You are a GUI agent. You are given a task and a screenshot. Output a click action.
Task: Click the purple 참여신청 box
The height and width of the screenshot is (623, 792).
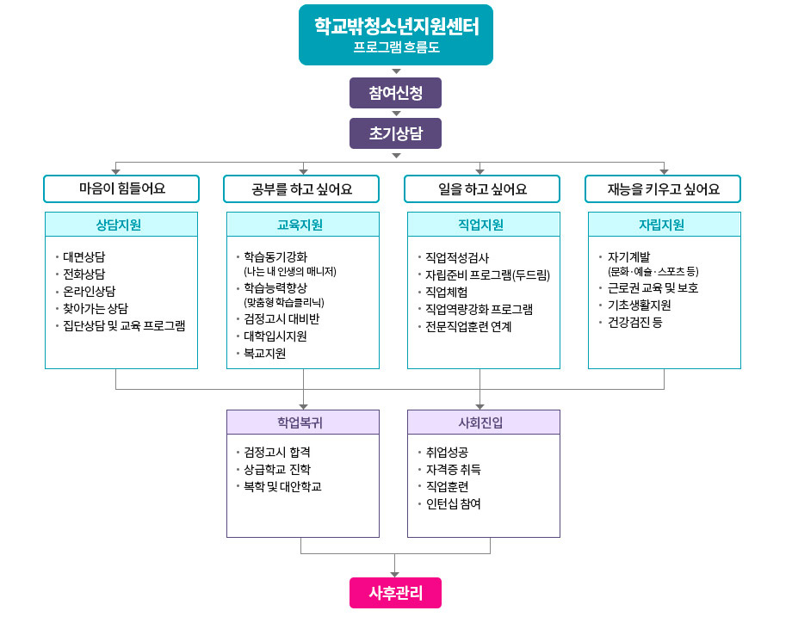click(x=395, y=91)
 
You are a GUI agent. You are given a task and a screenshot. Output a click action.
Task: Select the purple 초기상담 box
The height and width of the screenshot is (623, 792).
click(x=395, y=133)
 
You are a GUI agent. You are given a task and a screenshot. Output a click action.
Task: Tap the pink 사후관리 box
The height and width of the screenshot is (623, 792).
click(x=395, y=593)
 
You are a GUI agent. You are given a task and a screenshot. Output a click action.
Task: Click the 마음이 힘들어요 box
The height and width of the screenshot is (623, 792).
click(x=121, y=188)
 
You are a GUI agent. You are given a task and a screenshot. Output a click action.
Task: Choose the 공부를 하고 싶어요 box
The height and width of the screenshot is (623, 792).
click(x=302, y=188)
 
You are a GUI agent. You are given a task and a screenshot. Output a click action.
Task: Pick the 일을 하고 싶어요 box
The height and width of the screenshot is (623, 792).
click(x=482, y=188)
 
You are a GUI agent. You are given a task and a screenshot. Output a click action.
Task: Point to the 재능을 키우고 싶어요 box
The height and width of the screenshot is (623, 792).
click(x=663, y=188)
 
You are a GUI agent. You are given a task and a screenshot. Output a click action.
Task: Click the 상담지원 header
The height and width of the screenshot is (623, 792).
click(x=121, y=225)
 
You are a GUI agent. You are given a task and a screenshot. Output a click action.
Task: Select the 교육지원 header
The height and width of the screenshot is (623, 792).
click(x=302, y=225)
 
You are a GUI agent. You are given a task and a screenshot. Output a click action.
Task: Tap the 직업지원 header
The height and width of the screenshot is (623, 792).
click(x=482, y=225)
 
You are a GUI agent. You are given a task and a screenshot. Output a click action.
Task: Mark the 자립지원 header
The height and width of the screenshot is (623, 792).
click(x=663, y=225)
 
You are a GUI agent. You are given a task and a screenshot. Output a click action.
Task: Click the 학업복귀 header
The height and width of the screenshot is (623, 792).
click(x=302, y=423)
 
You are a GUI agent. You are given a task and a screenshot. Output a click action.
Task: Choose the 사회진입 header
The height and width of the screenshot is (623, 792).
click(x=482, y=423)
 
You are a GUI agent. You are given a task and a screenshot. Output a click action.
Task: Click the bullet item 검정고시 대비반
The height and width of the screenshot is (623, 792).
click(x=282, y=319)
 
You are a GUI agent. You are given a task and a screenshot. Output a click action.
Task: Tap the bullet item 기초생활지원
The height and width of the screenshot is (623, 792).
click(x=639, y=305)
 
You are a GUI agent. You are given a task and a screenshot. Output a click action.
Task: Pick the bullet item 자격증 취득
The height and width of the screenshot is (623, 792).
click(x=454, y=469)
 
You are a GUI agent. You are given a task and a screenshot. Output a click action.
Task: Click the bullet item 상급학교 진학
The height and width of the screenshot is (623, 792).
click(x=277, y=469)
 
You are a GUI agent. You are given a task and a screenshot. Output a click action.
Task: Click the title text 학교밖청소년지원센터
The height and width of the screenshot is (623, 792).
click(x=396, y=26)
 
